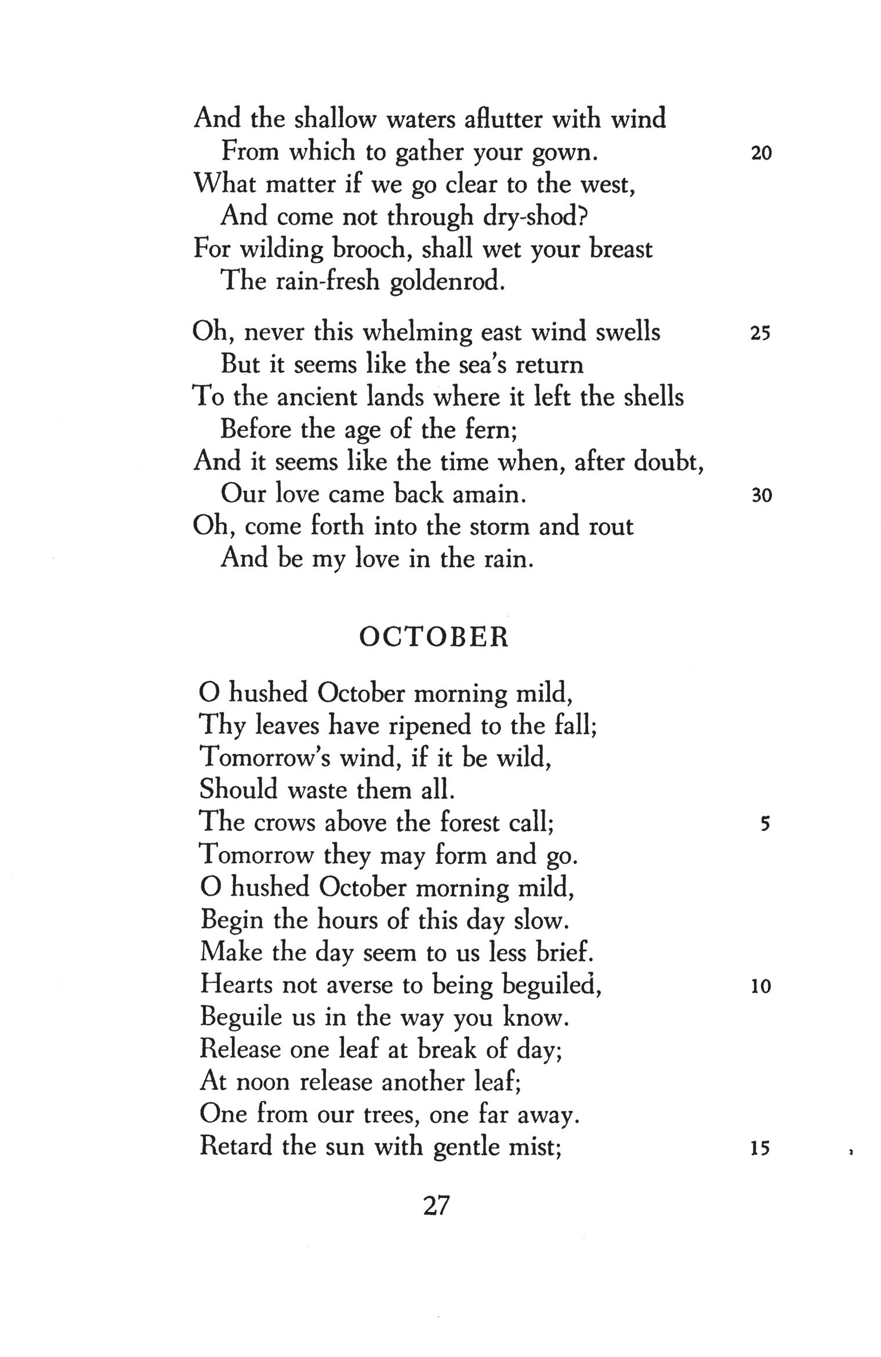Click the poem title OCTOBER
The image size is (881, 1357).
(434, 638)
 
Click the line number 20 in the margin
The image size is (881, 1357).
(761, 153)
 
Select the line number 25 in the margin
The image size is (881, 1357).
(760, 334)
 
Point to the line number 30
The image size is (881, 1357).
(761, 495)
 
